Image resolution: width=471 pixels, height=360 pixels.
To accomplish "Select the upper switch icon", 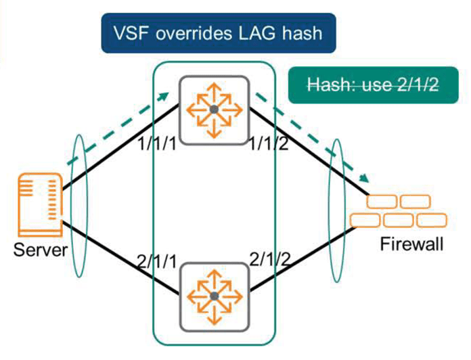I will click(214, 109).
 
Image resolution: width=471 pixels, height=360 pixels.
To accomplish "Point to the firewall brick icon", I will click(399, 212).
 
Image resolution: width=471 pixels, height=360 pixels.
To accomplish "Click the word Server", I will click(40, 251).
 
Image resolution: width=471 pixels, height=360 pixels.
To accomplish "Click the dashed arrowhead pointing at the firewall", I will click(365, 179).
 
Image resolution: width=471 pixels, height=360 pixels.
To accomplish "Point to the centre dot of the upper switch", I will click(214, 109).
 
